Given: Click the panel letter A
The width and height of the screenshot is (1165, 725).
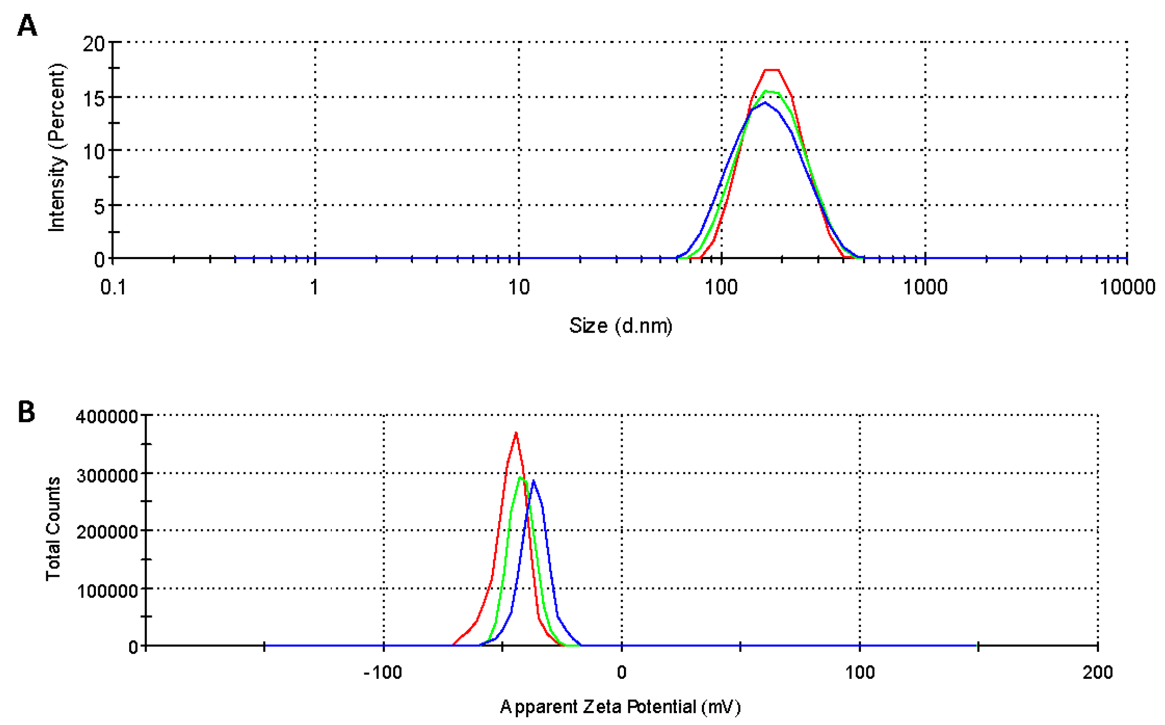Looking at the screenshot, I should tap(27, 25).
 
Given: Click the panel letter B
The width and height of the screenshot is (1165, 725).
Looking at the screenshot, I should tap(26, 412).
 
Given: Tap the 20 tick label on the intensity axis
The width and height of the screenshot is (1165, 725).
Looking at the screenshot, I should tap(93, 44).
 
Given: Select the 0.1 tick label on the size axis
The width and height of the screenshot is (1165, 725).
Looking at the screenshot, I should tap(113, 287).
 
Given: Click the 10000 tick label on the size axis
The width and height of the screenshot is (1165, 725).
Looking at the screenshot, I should tap(1127, 287).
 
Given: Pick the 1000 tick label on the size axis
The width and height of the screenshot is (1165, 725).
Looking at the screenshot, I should tap(925, 287).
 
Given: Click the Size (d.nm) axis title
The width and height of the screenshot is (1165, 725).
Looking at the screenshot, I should tap(621, 326).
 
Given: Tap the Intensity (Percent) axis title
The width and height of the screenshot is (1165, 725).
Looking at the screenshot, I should tap(57, 147).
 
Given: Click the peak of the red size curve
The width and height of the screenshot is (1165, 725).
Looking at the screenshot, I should tap(771, 70).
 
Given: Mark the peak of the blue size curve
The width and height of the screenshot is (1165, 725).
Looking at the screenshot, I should tap(765, 103).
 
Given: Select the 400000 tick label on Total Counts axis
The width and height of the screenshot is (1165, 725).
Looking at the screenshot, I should tap(107, 416).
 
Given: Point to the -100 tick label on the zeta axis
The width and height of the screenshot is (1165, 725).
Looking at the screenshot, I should tap(383, 673).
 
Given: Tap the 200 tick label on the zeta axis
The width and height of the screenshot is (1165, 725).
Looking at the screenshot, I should tap(1097, 673).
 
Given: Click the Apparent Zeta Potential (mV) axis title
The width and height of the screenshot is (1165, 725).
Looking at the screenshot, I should tap(620, 707).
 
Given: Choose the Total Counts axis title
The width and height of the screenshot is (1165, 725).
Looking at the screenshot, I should tap(53, 529).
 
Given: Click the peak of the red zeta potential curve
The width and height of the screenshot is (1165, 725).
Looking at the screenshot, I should tap(516, 433).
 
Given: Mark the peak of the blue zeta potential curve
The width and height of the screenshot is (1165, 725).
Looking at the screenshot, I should tap(533, 480).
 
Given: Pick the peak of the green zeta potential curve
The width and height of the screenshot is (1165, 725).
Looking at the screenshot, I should tap(521, 477).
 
